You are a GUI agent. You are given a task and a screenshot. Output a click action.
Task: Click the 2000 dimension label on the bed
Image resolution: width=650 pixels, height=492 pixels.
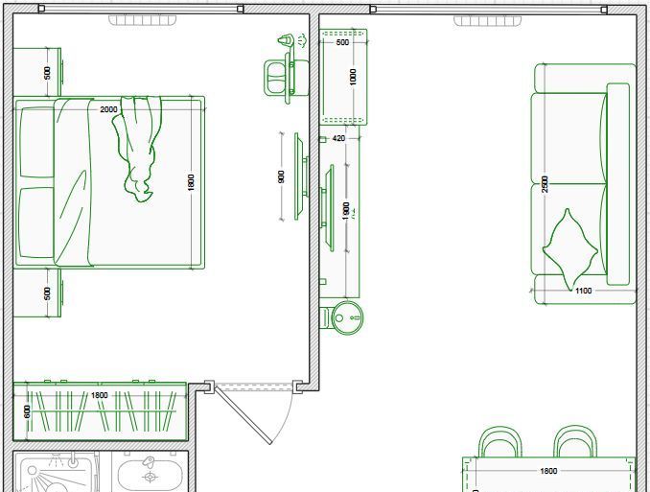[108, 109]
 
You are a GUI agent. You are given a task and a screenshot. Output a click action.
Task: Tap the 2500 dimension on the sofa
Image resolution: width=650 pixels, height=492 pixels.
[545, 184]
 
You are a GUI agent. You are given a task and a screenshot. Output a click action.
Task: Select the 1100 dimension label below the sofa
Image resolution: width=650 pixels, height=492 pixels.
[583, 291]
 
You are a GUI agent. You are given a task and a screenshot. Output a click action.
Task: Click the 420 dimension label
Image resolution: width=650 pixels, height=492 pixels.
[338, 138]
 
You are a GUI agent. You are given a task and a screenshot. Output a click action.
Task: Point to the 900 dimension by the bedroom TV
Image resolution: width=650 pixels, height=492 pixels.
[282, 176]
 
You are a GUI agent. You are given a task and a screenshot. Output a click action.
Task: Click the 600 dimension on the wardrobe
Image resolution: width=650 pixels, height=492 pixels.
[27, 412]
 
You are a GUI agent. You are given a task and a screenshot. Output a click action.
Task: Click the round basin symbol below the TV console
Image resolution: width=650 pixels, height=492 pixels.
[347, 317]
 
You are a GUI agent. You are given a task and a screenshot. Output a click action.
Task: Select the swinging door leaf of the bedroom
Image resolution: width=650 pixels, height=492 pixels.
[243, 414]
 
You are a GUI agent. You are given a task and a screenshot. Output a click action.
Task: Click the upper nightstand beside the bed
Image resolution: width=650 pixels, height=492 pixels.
[37, 72]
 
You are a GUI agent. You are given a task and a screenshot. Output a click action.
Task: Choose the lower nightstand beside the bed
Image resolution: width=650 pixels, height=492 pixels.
[37, 293]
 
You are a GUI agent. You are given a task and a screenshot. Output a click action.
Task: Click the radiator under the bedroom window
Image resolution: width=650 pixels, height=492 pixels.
[143, 20]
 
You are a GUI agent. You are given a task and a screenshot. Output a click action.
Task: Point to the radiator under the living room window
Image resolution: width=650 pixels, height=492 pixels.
[487, 21]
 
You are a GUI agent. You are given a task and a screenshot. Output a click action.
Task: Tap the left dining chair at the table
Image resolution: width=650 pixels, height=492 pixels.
[499, 441]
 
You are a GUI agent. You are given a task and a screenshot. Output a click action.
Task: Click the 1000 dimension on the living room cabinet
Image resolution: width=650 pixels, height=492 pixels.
[353, 77]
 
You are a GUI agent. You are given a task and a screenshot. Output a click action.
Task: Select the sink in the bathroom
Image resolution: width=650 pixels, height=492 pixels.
[150, 476]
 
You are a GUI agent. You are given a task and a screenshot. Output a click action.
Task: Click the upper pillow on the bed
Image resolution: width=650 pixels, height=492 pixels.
[36, 142]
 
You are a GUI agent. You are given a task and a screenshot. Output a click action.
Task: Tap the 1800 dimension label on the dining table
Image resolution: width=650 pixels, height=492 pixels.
[548, 471]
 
